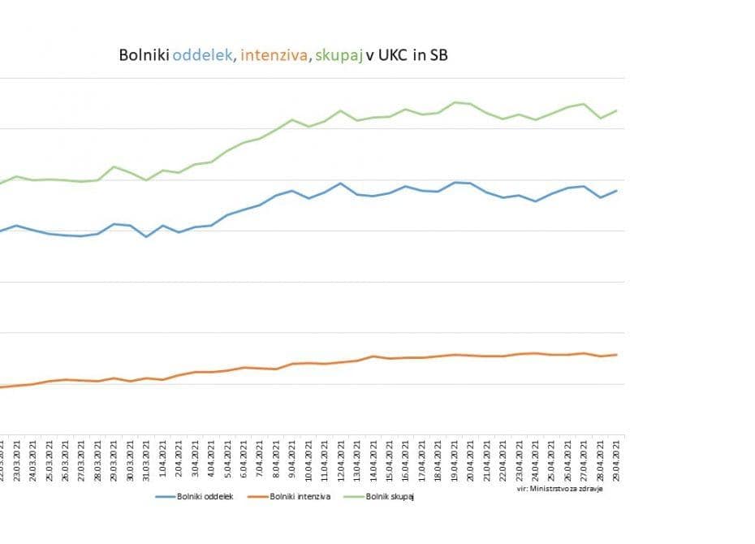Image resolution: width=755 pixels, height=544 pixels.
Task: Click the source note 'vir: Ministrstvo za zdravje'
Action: coord(559,489)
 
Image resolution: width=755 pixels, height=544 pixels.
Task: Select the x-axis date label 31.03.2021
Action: coord(146,460)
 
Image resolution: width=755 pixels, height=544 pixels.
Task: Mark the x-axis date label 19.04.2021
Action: coord(455,460)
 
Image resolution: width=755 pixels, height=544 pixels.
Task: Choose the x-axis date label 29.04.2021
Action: coord(617,460)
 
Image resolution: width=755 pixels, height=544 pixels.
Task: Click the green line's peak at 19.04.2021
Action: coord(455,102)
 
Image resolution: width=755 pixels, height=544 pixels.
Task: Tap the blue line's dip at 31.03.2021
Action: coord(146,236)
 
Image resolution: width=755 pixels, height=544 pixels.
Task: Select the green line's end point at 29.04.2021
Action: coord(617,110)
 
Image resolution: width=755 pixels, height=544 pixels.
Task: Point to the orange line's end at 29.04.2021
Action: coord(617,355)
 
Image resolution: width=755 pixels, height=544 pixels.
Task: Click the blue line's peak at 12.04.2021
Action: coord(340,183)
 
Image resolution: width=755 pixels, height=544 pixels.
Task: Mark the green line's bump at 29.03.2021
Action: coord(114,166)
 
